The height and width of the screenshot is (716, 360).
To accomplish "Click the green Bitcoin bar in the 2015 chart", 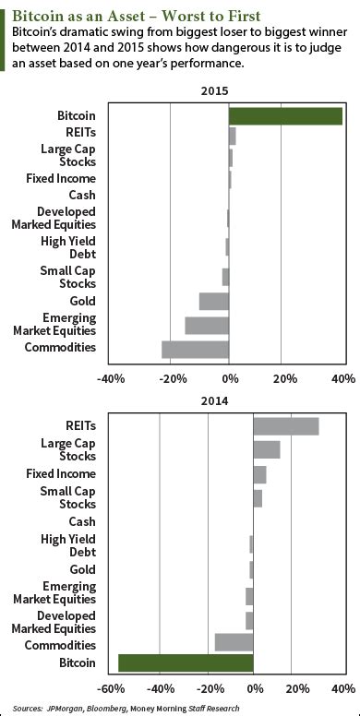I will click(x=285, y=115).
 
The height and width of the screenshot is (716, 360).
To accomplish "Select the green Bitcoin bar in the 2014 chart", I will click(x=186, y=662).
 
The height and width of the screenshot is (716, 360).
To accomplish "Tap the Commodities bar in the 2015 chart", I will click(x=195, y=349).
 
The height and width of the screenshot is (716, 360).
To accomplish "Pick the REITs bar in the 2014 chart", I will click(x=285, y=425).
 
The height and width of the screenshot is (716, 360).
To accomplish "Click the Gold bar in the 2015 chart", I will click(x=213, y=301).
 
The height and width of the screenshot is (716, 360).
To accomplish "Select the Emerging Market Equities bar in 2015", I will click(x=207, y=325).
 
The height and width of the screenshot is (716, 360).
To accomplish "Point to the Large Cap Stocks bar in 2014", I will click(x=266, y=449).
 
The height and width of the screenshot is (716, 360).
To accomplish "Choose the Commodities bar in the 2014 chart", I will click(x=234, y=642).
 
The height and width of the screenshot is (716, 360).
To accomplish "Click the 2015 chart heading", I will click(x=228, y=91).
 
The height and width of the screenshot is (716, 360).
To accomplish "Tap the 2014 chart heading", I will click(x=228, y=401).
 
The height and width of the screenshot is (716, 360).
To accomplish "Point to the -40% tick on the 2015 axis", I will click(x=111, y=378).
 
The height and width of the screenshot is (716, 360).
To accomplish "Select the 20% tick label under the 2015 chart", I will click(x=285, y=378).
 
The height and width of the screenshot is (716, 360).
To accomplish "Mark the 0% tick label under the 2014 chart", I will click(x=253, y=688).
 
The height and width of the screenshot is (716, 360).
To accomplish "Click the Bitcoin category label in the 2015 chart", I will click(x=76, y=115).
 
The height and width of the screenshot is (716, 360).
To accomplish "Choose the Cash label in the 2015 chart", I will click(x=82, y=195).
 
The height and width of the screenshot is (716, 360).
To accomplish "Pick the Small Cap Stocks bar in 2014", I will click(x=258, y=498).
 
